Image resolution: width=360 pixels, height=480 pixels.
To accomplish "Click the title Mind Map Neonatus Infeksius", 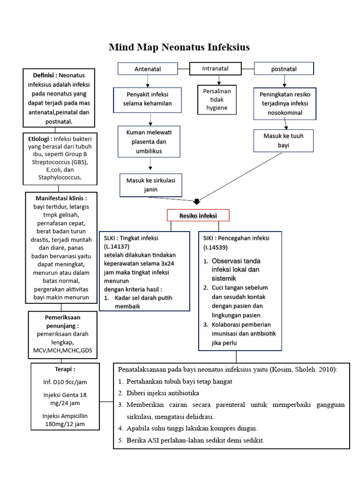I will pyautogui.click(x=179, y=47).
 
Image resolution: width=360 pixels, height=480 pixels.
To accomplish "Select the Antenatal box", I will pyautogui.click(x=148, y=69).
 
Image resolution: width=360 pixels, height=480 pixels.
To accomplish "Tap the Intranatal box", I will pyautogui.click(x=215, y=68).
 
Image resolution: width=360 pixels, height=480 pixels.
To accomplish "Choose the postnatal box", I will pyautogui.click(x=284, y=69).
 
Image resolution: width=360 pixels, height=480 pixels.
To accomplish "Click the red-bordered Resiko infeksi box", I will pyautogui.click(x=198, y=216).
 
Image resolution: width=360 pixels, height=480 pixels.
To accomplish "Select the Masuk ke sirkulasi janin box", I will pyautogui.click(x=151, y=185).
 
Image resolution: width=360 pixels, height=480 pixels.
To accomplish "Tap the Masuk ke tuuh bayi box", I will pyautogui.click(x=284, y=141).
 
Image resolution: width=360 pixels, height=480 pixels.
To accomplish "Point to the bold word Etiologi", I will pyautogui.click(x=39, y=139).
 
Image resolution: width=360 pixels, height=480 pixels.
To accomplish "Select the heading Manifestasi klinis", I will pyautogui.click(x=60, y=198).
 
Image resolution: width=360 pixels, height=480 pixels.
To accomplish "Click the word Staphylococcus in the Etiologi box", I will pyautogui.click(x=60, y=178).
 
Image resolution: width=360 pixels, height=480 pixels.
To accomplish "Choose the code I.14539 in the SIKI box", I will pyautogui.click(x=216, y=247).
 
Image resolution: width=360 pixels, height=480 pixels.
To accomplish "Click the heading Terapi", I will pyautogui.click(x=65, y=369).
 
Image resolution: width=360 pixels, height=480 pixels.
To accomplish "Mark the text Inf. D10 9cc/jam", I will pyautogui.click(x=65, y=382).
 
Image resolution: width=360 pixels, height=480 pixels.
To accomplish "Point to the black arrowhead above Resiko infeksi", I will pyautogui.click(x=197, y=202).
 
